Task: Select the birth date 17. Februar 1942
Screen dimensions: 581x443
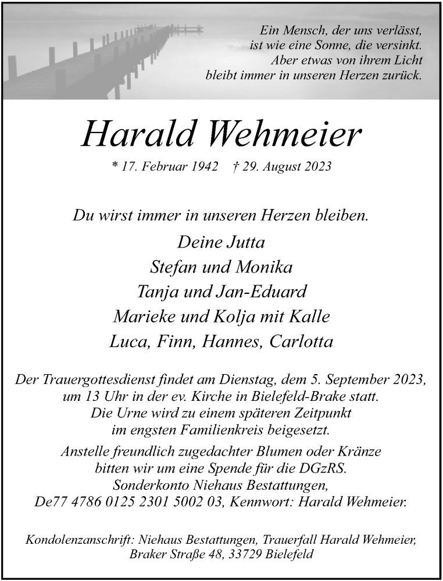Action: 165,167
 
